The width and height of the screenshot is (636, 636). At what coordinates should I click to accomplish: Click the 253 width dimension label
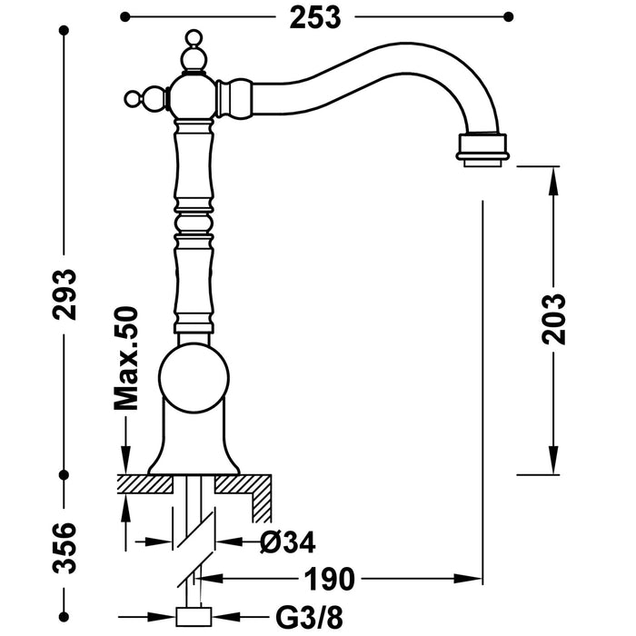click(x=315, y=17)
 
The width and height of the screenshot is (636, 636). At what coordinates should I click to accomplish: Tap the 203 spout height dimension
click(x=552, y=318)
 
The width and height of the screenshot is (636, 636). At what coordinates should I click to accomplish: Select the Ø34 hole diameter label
click(x=286, y=542)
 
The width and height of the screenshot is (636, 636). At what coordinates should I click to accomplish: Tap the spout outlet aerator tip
click(x=482, y=150)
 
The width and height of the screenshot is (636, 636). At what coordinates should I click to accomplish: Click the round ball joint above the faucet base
click(x=193, y=379)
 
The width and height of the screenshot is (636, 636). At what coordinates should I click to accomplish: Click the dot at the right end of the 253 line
click(x=508, y=16)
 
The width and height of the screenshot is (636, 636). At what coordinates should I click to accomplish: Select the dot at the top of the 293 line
click(x=64, y=30)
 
